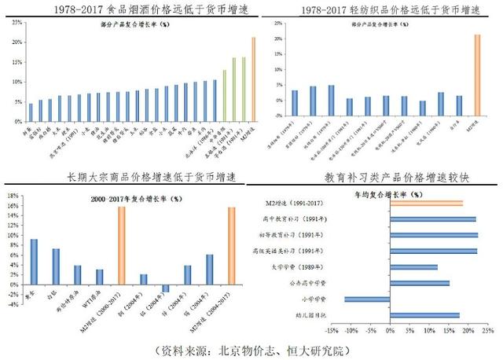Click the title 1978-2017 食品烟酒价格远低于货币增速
126,9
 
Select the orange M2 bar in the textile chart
477,79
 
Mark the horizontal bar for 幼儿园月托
424,315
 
